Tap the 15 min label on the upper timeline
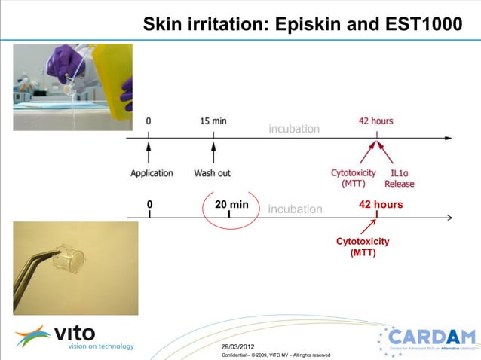(x=213, y=121)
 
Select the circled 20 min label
(x=231, y=204)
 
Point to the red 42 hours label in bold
(x=381, y=204)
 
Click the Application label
(x=152, y=173)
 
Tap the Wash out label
(x=213, y=173)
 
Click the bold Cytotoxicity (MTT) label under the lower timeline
(x=363, y=247)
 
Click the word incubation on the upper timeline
(x=294, y=129)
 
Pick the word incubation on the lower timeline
(x=295, y=209)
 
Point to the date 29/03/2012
(x=238, y=346)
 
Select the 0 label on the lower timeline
(x=149, y=204)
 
